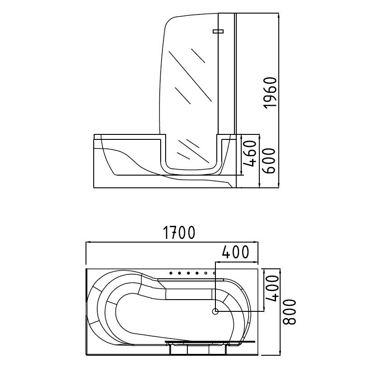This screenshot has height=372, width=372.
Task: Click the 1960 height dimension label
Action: point(270,93)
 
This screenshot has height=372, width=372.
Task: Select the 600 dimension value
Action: point(269,161)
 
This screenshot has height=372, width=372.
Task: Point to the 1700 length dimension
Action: point(179,233)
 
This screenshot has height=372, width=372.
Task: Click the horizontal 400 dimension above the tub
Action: point(236,252)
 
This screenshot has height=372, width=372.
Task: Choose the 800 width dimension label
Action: point(290,312)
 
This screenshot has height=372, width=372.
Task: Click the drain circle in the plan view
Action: point(215,311)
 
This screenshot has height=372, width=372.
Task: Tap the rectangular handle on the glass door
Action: point(218,31)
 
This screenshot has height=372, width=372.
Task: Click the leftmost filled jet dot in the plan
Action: point(171,273)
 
